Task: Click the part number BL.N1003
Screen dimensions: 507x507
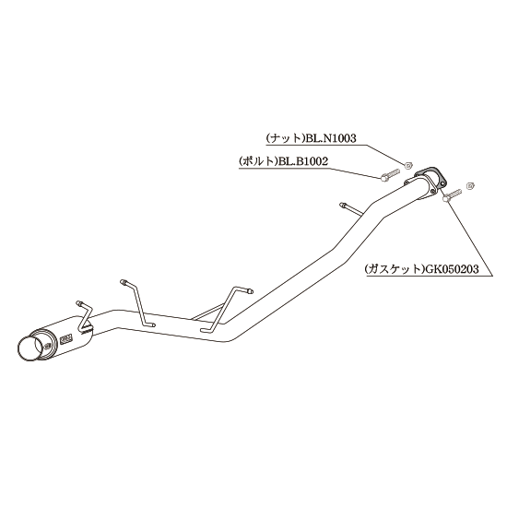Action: (x=331, y=138)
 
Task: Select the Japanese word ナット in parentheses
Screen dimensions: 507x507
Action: (x=285, y=138)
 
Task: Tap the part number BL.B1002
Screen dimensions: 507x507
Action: (x=303, y=161)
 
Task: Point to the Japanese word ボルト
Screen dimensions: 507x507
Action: (x=258, y=161)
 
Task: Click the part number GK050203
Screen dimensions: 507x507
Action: (x=452, y=269)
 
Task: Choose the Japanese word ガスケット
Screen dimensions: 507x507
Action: (x=394, y=269)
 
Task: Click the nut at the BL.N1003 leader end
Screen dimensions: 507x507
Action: (x=408, y=166)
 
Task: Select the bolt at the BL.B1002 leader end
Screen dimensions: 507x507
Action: (x=390, y=175)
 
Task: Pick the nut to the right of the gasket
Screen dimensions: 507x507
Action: (x=471, y=185)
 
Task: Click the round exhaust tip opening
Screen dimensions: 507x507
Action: (x=30, y=348)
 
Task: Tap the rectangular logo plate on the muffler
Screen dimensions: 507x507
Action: (x=67, y=339)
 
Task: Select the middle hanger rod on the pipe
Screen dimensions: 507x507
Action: (x=137, y=304)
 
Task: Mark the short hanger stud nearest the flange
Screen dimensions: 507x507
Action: (x=351, y=209)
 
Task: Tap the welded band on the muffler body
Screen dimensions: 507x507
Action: (x=87, y=330)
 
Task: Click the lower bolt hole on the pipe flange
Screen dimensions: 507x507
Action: (x=432, y=193)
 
